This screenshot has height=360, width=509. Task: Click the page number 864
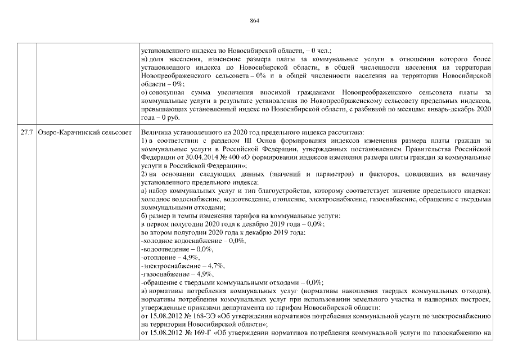[254, 21]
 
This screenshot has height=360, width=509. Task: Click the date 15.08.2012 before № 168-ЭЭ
[163, 316]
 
